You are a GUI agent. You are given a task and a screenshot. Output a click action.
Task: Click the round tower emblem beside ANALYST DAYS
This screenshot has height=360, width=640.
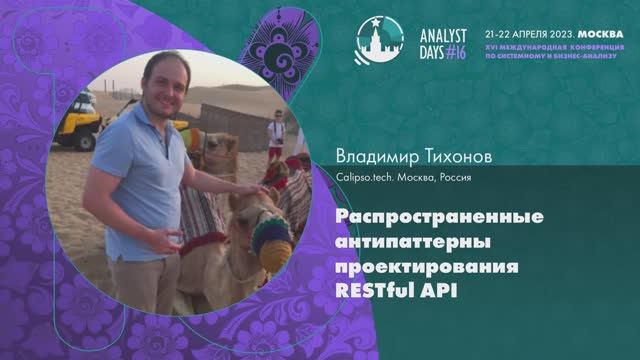[376, 36]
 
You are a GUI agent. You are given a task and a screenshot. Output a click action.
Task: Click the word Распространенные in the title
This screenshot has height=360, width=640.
[409, 217]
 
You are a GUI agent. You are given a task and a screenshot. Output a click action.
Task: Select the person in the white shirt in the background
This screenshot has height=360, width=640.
[275, 134]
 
